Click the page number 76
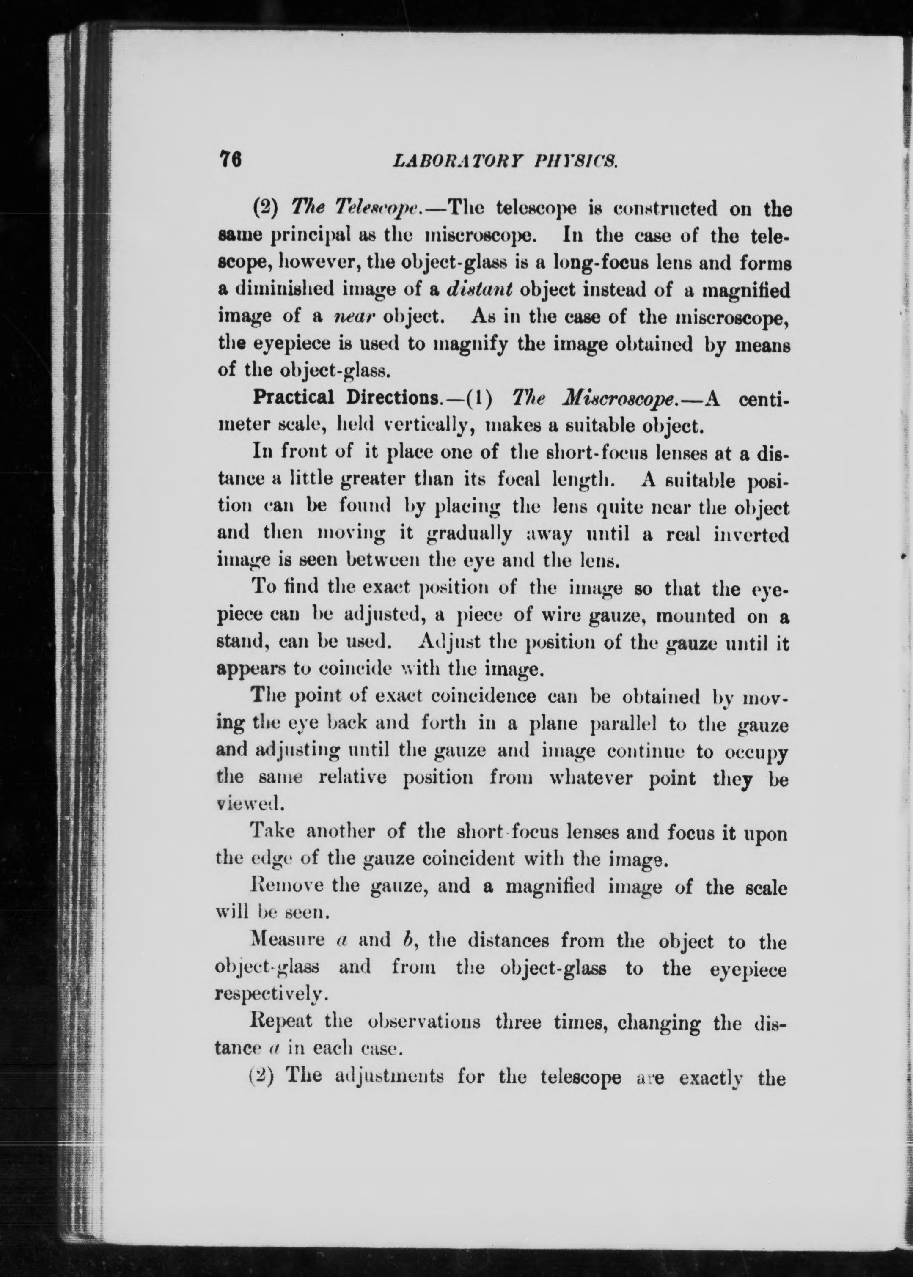tap(231, 160)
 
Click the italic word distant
tap(479, 290)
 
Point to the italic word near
tap(353, 316)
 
